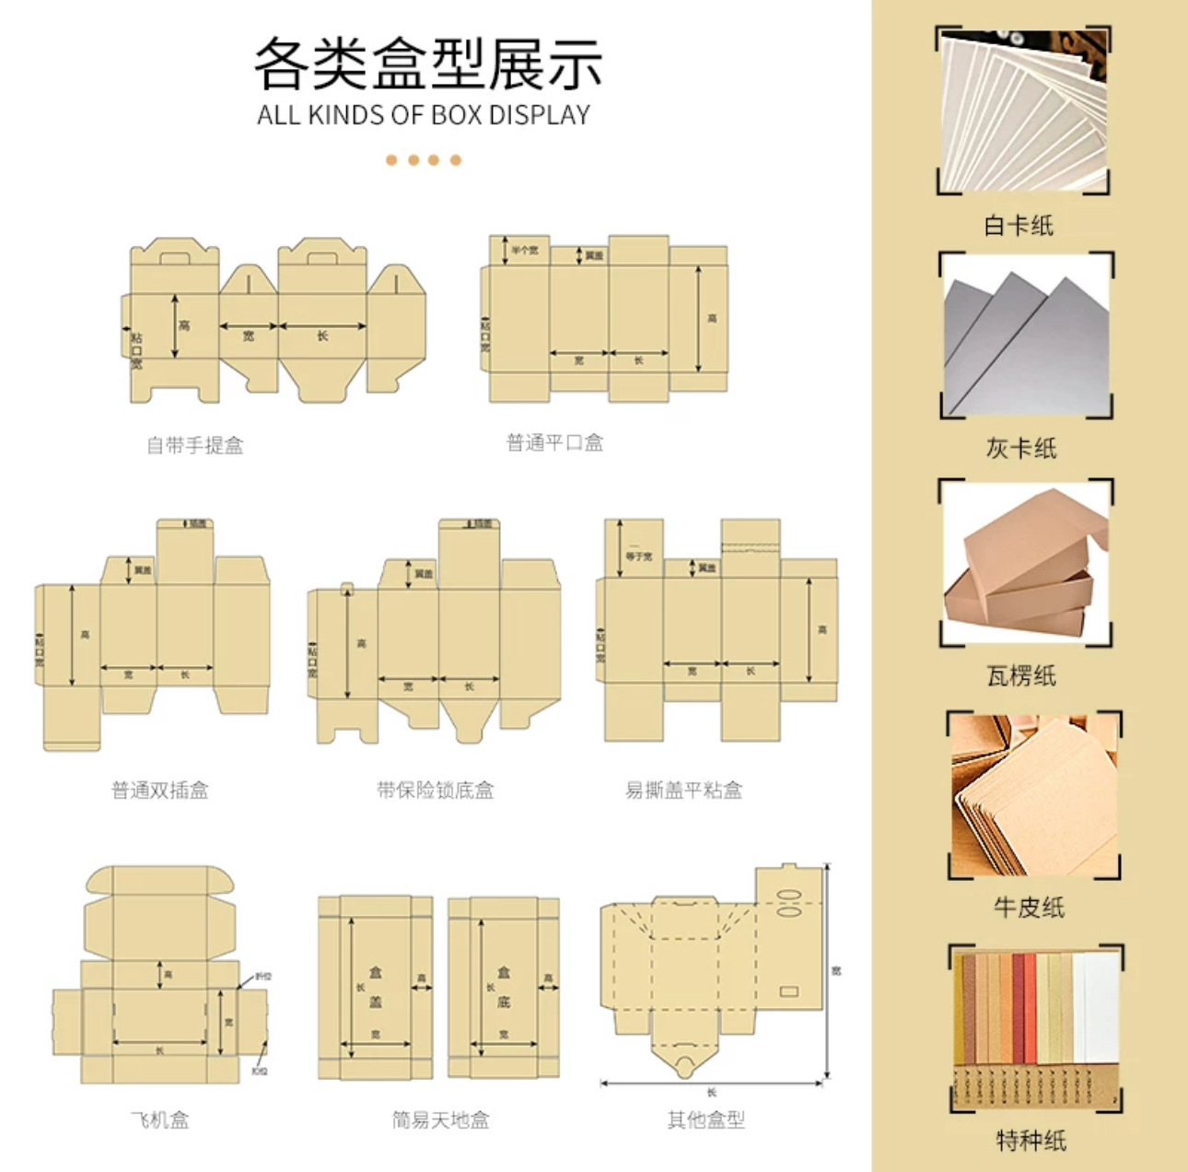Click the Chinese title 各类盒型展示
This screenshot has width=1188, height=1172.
coord(428,64)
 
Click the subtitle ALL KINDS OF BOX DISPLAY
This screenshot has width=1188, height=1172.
coord(424,115)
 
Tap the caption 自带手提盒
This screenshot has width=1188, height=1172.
coord(195,446)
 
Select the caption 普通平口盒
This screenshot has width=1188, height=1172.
coord(554,443)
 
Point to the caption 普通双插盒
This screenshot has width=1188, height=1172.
coord(160,790)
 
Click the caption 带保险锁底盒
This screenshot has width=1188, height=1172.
coord(435,790)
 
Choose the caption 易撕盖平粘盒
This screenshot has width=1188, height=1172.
coord(683,790)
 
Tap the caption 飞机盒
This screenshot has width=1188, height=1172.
coord(160,1120)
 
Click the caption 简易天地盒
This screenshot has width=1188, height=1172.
coord(440,1120)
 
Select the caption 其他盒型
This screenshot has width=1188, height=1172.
coord(706,1120)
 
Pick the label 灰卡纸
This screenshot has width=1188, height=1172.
coord(1021,449)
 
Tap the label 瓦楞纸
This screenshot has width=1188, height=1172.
coord(1021,676)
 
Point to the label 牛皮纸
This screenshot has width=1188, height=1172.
coord(1029,908)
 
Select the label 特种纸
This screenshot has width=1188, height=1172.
coord(1031,1141)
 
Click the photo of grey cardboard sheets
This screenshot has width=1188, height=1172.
coord(1026,336)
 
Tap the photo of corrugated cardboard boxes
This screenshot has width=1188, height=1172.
coord(1026,562)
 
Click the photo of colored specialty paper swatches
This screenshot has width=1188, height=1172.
coord(1036,1027)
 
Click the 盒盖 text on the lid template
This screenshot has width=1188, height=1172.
coord(376,987)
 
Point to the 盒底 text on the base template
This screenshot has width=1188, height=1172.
coord(504,987)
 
